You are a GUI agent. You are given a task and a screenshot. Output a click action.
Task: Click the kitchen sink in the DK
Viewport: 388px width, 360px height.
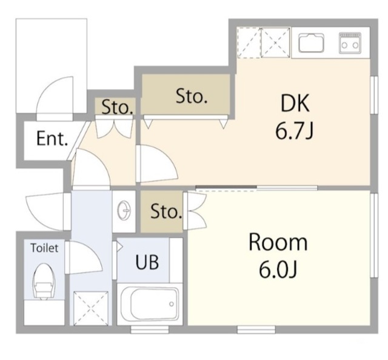pyautogui.click(x=311, y=42)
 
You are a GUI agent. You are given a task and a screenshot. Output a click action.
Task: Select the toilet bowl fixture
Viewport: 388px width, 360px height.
pyautogui.click(x=44, y=281)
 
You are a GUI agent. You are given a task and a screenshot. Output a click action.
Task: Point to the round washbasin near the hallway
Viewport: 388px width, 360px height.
pyautogui.click(x=124, y=210)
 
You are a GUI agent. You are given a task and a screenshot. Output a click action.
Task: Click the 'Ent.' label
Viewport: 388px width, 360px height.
pyautogui.click(x=52, y=139)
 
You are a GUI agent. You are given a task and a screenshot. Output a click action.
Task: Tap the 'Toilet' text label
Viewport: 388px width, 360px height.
pyautogui.click(x=44, y=248)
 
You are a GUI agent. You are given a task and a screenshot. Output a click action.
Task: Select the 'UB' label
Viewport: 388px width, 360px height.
pyautogui.click(x=147, y=262)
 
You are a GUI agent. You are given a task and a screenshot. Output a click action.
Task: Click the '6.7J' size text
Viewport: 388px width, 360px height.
pyautogui.click(x=294, y=131)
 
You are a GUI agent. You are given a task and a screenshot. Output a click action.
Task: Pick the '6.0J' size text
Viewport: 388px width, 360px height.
pyautogui.click(x=278, y=269)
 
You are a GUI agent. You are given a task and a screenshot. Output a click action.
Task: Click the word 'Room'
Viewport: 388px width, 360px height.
pyautogui.click(x=278, y=242)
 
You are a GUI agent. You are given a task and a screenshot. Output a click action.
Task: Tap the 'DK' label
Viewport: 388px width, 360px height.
pyautogui.click(x=295, y=103)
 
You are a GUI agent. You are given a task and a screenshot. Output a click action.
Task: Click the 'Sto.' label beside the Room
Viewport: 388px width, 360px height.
pyautogui.click(x=166, y=212)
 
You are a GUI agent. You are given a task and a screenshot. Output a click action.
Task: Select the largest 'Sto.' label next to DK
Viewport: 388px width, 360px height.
pyautogui.click(x=192, y=96)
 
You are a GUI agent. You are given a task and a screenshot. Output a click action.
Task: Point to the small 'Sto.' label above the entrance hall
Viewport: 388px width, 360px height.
pyautogui.click(x=117, y=107)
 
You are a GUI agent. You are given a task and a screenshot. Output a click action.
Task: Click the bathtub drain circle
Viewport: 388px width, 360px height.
pyautogui.click(x=171, y=304)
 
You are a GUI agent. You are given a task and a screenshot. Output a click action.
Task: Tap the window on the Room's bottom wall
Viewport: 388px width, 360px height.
pyautogui.click(x=256, y=330)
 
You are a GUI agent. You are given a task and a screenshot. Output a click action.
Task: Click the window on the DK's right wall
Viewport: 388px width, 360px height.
pyautogui.click(x=375, y=95)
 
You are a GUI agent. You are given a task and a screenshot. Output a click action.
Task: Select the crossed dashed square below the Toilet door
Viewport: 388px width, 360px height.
pyautogui.click(x=91, y=308)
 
